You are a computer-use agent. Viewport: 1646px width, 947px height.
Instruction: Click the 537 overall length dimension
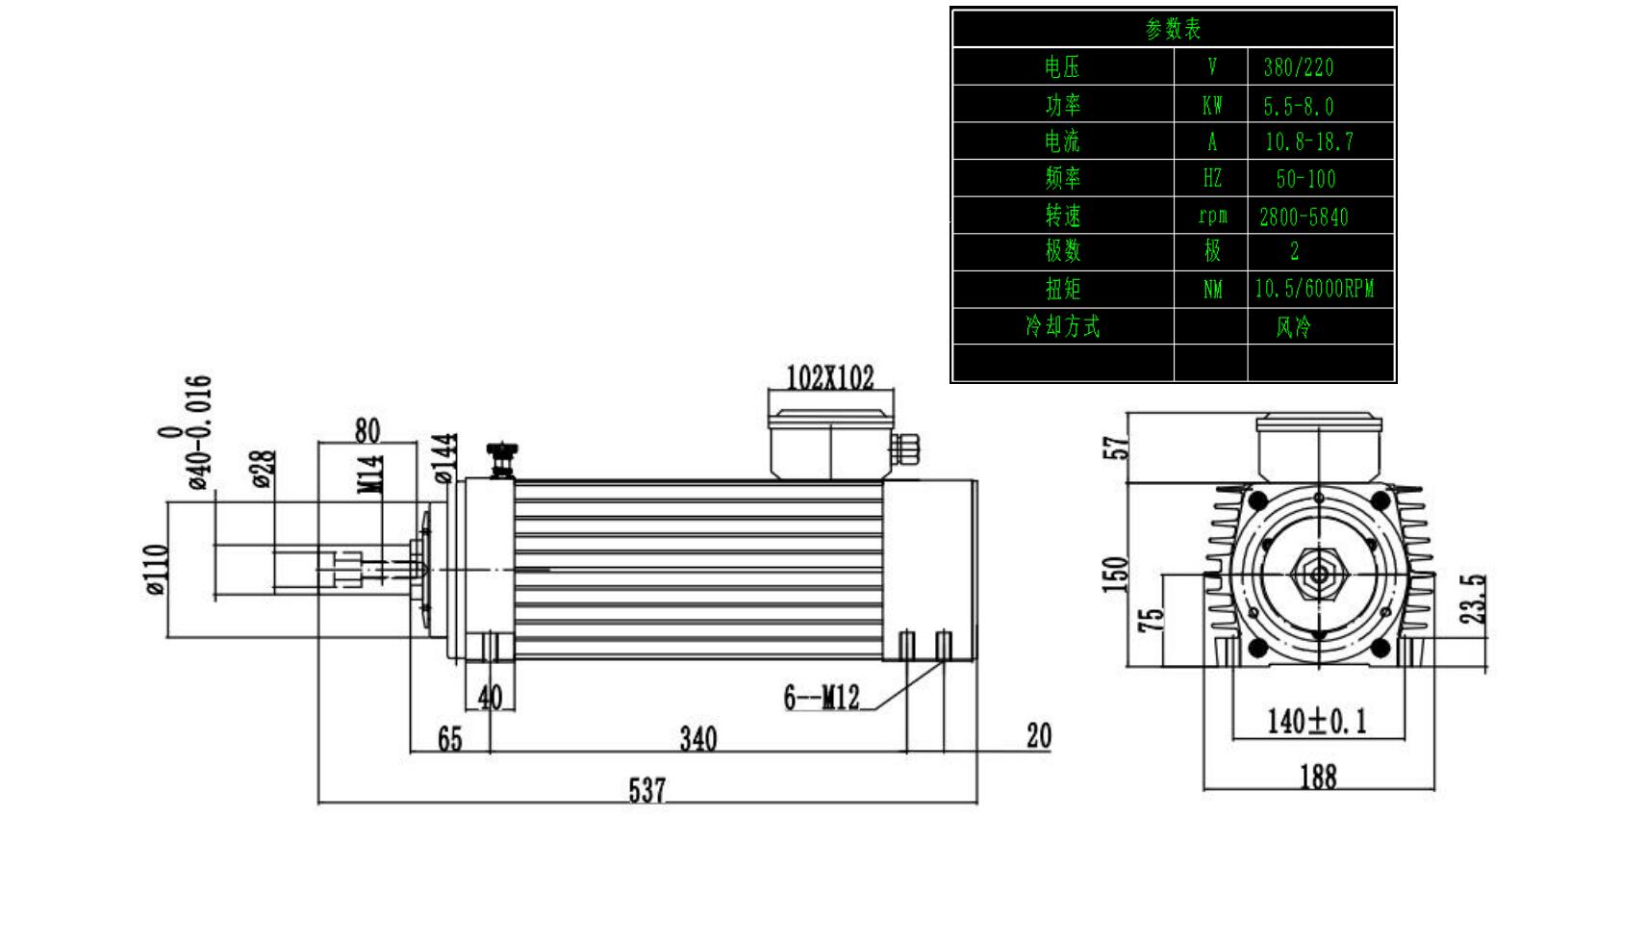click(646, 790)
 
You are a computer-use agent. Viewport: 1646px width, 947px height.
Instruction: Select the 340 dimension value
click(698, 739)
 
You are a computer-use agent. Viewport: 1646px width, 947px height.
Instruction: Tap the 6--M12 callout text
click(821, 697)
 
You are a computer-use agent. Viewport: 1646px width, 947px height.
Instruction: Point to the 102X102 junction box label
click(830, 377)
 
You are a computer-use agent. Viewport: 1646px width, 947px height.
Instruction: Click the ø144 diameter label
click(443, 458)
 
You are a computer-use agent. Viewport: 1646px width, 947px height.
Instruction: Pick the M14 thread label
click(372, 473)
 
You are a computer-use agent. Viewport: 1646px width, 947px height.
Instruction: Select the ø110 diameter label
click(157, 570)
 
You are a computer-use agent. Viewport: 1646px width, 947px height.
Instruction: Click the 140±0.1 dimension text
click(1316, 721)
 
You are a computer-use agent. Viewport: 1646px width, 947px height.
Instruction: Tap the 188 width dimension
click(1318, 777)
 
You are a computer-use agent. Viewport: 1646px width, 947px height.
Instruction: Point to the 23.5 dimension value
click(1474, 599)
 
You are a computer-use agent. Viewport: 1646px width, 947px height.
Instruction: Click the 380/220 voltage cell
click(1299, 67)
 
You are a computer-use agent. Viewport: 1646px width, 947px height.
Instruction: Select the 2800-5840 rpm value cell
click(1304, 217)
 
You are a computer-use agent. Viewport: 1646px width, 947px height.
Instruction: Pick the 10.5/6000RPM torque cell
click(1314, 289)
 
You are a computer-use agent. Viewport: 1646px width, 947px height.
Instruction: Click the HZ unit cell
click(1211, 179)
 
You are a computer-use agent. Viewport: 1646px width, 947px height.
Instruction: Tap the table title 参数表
click(1173, 29)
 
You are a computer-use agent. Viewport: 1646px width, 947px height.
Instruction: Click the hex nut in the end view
click(1319, 576)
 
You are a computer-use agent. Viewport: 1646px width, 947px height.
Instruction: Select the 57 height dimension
click(1116, 448)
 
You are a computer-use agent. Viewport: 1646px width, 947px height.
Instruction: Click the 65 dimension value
click(449, 739)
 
